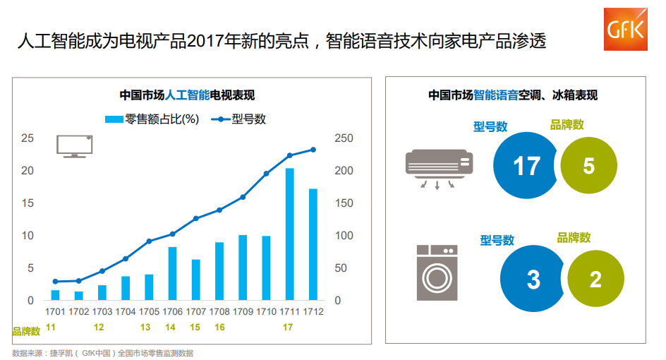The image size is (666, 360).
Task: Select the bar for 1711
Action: pyautogui.click(x=289, y=234)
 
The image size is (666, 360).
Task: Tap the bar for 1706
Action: pyautogui.click(x=172, y=273)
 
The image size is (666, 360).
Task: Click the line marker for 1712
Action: pyautogui.click(x=313, y=150)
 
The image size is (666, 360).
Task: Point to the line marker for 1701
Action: pyautogui.click(x=55, y=282)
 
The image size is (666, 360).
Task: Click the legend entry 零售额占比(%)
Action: pyautogui.click(x=152, y=119)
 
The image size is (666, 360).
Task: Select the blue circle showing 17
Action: pyautogui.click(x=526, y=166)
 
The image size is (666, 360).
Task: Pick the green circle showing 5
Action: pyautogui.click(x=588, y=165)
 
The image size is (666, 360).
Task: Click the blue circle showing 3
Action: pyautogui.click(x=533, y=280)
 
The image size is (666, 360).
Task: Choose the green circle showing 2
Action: pyautogui.click(x=595, y=279)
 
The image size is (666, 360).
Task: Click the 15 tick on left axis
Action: pyautogui.click(x=28, y=203)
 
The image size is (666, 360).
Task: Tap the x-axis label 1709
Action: pyautogui.click(x=243, y=312)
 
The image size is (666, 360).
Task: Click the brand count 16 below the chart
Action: pyautogui.click(x=219, y=328)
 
